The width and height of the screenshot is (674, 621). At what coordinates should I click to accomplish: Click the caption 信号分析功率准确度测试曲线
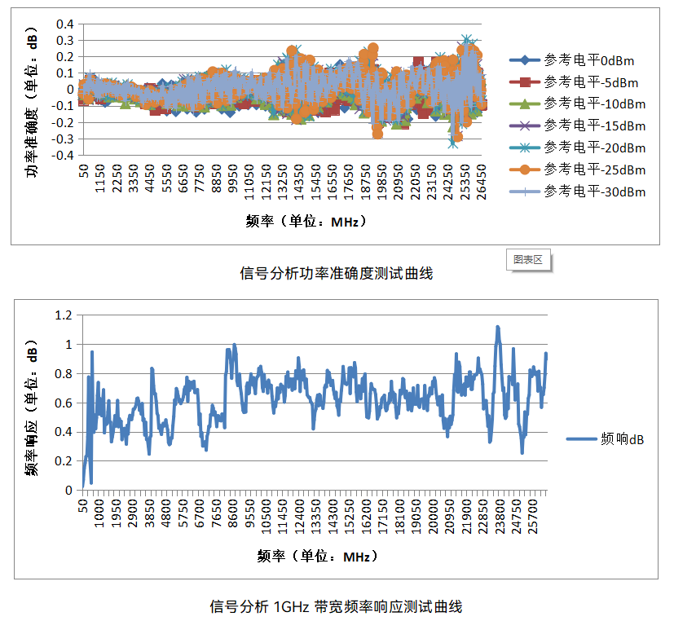click(336, 274)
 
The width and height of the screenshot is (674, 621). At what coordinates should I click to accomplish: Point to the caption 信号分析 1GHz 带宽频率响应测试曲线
click(336, 606)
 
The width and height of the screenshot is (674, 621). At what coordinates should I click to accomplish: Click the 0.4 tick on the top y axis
click(65, 24)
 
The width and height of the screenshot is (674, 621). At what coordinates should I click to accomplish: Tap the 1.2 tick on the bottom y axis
click(64, 315)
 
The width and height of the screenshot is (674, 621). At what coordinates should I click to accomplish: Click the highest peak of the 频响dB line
click(497, 328)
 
